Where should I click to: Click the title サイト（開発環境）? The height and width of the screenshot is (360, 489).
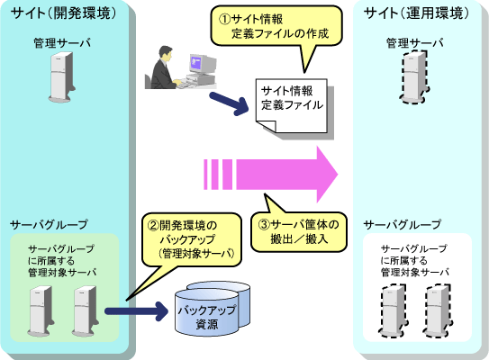tap(64, 13)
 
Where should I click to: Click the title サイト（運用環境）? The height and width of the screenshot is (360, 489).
tap(417, 13)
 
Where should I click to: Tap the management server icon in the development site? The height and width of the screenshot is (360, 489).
tap(62, 77)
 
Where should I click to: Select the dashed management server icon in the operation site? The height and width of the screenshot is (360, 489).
tap(414, 77)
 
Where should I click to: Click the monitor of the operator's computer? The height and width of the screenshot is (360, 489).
tap(203, 64)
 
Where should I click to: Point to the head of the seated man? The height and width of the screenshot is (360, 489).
tap(166, 53)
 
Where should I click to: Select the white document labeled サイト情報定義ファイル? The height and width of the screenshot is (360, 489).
tap(291, 105)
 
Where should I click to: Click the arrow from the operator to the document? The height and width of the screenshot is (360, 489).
tap(229, 103)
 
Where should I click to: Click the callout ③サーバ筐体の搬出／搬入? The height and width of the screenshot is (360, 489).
tap(298, 232)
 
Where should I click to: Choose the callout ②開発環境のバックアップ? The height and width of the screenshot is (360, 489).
tap(192, 240)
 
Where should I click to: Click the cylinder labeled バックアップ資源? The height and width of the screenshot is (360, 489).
tap(212, 309)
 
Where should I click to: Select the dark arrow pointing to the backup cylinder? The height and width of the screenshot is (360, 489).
tap(137, 310)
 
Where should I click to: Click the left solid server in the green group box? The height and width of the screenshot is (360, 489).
tap(41, 310)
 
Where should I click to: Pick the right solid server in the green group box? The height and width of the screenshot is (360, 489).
tap(86, 310)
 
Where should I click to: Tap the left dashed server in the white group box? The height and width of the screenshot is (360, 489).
tap(394, 310)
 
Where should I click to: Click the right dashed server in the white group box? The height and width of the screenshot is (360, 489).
tap(438, 310)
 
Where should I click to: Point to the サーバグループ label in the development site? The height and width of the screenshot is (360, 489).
tap(49, 224)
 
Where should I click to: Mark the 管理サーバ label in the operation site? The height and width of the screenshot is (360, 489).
tap(415, 42)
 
